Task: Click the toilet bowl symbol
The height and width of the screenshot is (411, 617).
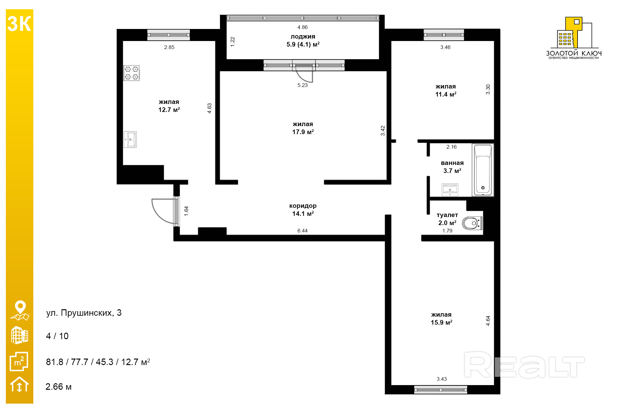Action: [x=472, y=223]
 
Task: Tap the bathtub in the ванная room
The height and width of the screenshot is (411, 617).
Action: [x=483, y=170]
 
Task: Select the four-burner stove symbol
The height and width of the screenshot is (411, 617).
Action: [x=131, y=73]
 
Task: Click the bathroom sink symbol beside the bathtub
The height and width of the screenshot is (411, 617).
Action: [x=450, y=190]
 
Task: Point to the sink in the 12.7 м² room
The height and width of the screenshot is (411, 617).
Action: [x=130, y=139]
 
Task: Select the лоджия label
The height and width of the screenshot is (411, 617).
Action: [x=303, y=36]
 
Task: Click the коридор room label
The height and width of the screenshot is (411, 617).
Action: [x=303, y=206]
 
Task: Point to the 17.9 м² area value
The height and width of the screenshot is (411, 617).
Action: [x=303, y=132]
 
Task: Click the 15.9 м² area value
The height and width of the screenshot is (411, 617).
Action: [x=441, y=322]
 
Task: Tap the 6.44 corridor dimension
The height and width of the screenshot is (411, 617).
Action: [x=302, y=231]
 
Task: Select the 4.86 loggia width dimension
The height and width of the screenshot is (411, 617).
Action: [x=302, y=27]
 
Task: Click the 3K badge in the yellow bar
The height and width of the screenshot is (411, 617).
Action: [x=19, y=24]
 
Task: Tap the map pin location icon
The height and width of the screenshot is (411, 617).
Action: [x=20, y=310]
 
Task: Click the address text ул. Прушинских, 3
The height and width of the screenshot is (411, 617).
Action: [x=84, y=313]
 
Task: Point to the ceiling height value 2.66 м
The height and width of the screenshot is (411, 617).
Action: [x=59, y=387]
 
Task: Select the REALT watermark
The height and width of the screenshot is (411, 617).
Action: [x=524, y=365]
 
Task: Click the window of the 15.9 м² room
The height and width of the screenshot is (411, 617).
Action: [x=440, y=390]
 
